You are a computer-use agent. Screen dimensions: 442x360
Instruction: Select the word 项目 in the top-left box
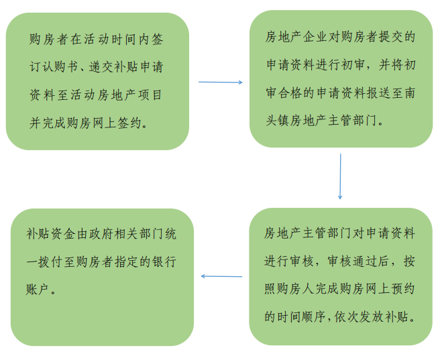point(150,95)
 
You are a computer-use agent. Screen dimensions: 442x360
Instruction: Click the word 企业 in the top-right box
point(315,37)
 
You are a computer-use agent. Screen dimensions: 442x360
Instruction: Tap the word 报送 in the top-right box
point(378,93)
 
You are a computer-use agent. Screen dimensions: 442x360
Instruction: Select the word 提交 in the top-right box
point(391,37)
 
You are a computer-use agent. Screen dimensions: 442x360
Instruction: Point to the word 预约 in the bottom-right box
point(403,290)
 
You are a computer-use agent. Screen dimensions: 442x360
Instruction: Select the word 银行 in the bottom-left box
point(164,262)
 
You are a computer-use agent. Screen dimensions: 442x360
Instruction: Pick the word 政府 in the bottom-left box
point(101,234)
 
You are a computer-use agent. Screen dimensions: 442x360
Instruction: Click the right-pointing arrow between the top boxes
point(221,82)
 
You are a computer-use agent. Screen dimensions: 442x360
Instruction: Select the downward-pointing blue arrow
point(340,176)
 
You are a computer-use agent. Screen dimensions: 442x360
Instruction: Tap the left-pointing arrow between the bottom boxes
point(221,276)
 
